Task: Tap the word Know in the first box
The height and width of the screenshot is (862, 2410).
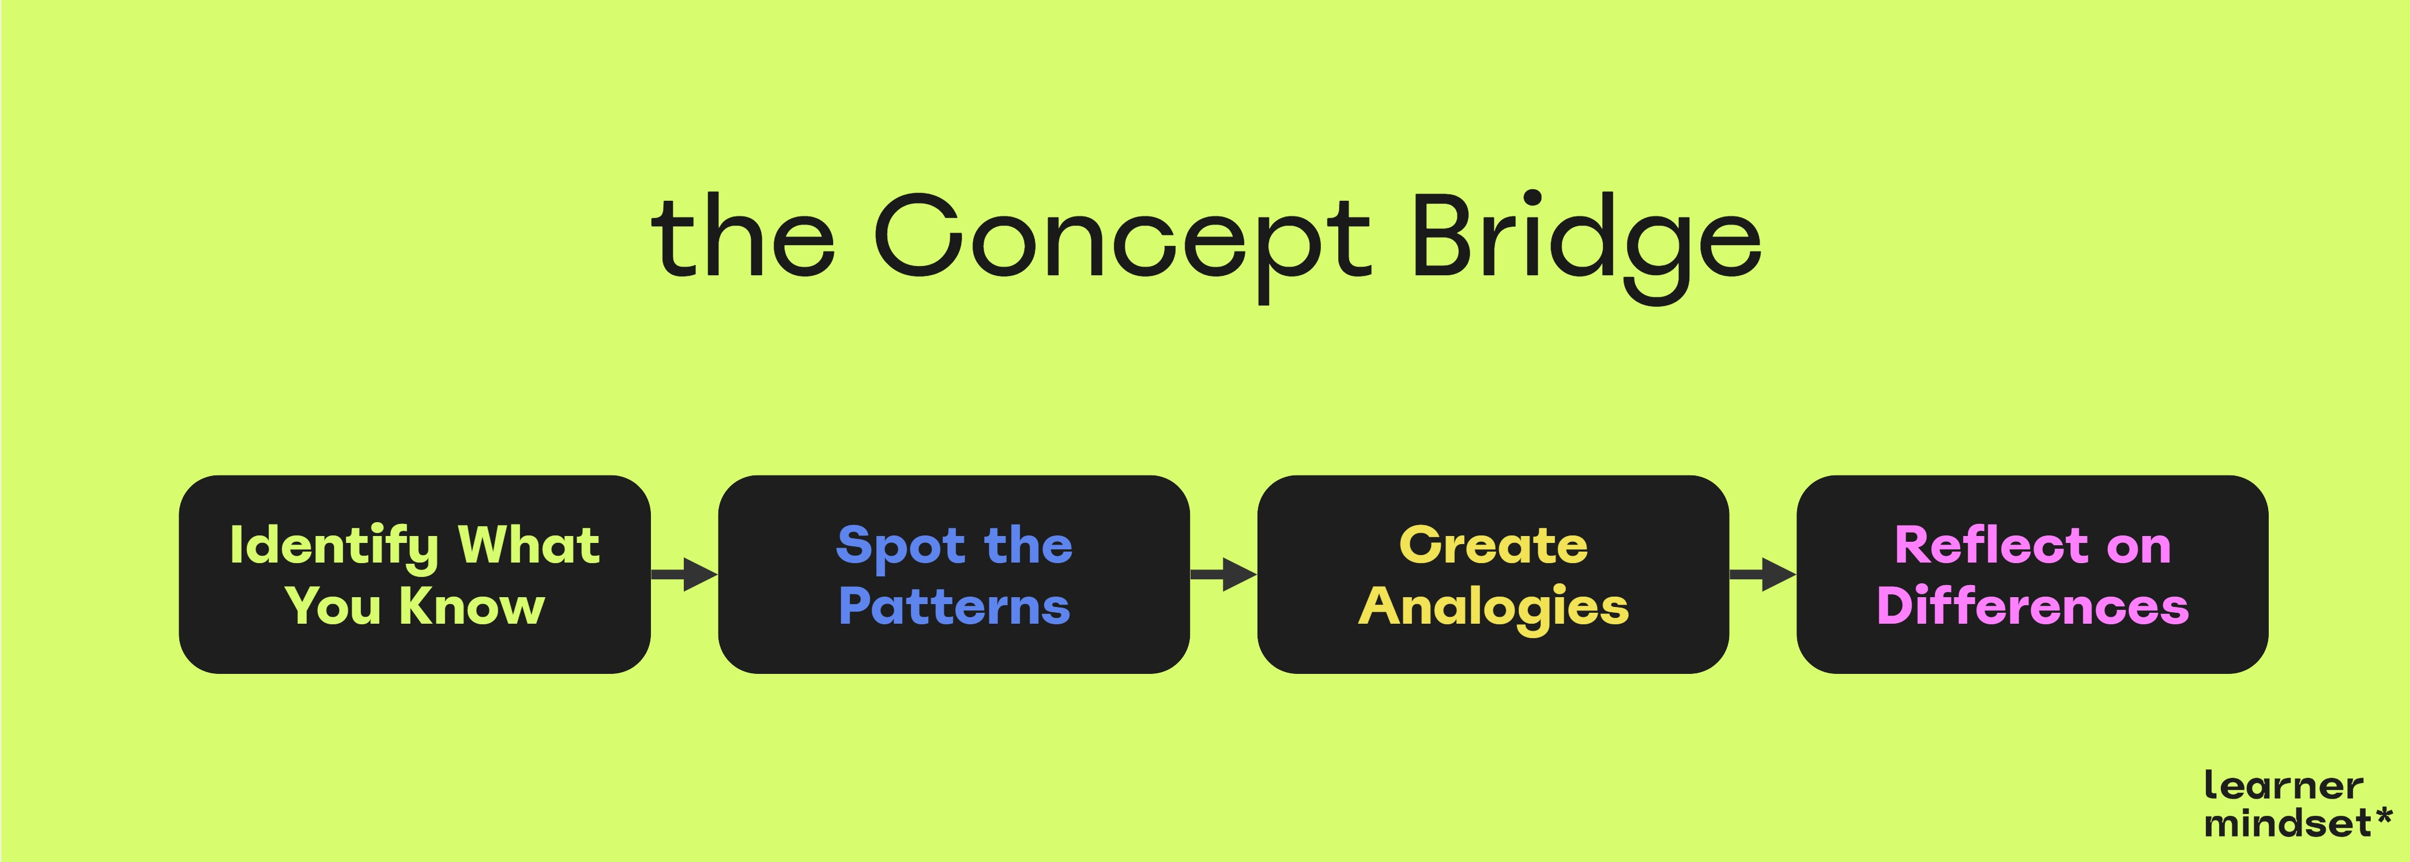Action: (x=472, y=606)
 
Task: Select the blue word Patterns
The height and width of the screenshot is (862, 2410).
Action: (x=954, y=606)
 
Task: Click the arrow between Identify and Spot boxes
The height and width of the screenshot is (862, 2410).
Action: (x=684, y=574)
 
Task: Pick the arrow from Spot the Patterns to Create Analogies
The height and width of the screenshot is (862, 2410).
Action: (x=1223, y=574)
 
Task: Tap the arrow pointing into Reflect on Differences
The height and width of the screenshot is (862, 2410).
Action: (x=1761, y=574)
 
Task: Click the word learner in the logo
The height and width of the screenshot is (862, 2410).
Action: (x=2283, y=786)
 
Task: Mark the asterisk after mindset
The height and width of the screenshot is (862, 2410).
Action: (x=2382, y=816)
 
